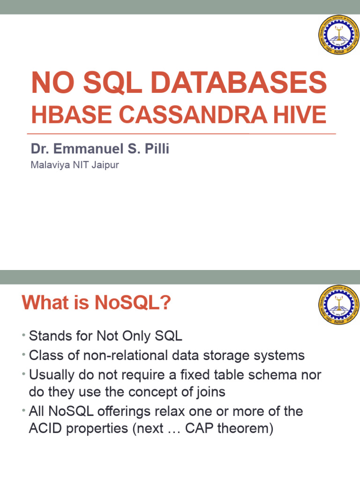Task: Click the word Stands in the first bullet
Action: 49,336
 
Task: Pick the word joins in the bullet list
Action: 209,392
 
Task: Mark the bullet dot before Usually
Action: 23,375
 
